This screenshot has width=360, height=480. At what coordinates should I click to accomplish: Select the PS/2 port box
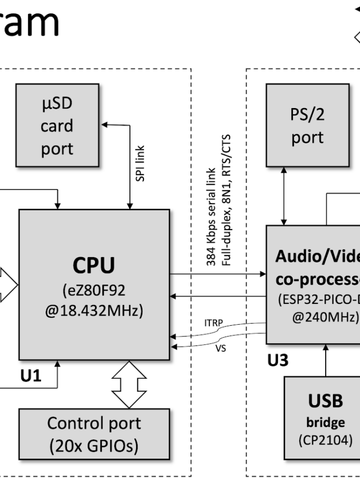(x=307, y=125)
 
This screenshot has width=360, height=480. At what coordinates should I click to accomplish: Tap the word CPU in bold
(x=94, y=266)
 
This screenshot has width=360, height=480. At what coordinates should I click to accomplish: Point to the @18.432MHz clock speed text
(x=94, y=311)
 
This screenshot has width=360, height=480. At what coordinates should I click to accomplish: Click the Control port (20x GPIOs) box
(x=94, y=434)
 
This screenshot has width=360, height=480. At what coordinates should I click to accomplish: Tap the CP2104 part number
(x=325, y=439)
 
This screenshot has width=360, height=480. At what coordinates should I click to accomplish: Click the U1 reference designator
(x=31, y=376)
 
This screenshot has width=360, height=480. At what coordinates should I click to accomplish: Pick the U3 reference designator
(x=277, y=361)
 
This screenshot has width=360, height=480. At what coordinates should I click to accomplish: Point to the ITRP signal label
(x=213, y=322)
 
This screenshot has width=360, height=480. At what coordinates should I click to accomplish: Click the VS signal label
(x=220, y=348)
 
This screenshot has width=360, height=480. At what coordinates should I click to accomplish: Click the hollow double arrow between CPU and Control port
(x=129, y=384)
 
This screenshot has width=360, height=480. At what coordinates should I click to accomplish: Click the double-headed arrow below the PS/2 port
(x=284, y=196)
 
